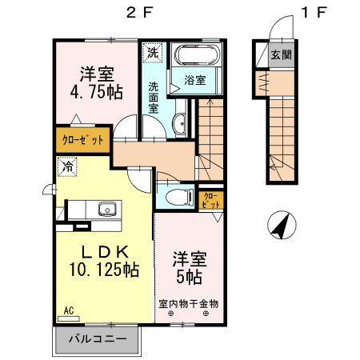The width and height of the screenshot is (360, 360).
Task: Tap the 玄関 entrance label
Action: [282, 55]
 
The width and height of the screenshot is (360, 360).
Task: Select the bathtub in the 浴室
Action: [197, 58]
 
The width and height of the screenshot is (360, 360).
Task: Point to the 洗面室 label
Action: [153, 97]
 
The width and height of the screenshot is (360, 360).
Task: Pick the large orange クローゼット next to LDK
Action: [83, 139]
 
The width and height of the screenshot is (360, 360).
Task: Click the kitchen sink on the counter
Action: [107, 210]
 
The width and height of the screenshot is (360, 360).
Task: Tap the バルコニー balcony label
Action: [96, 339]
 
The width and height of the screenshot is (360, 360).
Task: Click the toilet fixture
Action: [177, 196]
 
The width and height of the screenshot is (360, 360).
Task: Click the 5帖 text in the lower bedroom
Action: [190, 277]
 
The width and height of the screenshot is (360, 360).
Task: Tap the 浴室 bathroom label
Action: [195, 80]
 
